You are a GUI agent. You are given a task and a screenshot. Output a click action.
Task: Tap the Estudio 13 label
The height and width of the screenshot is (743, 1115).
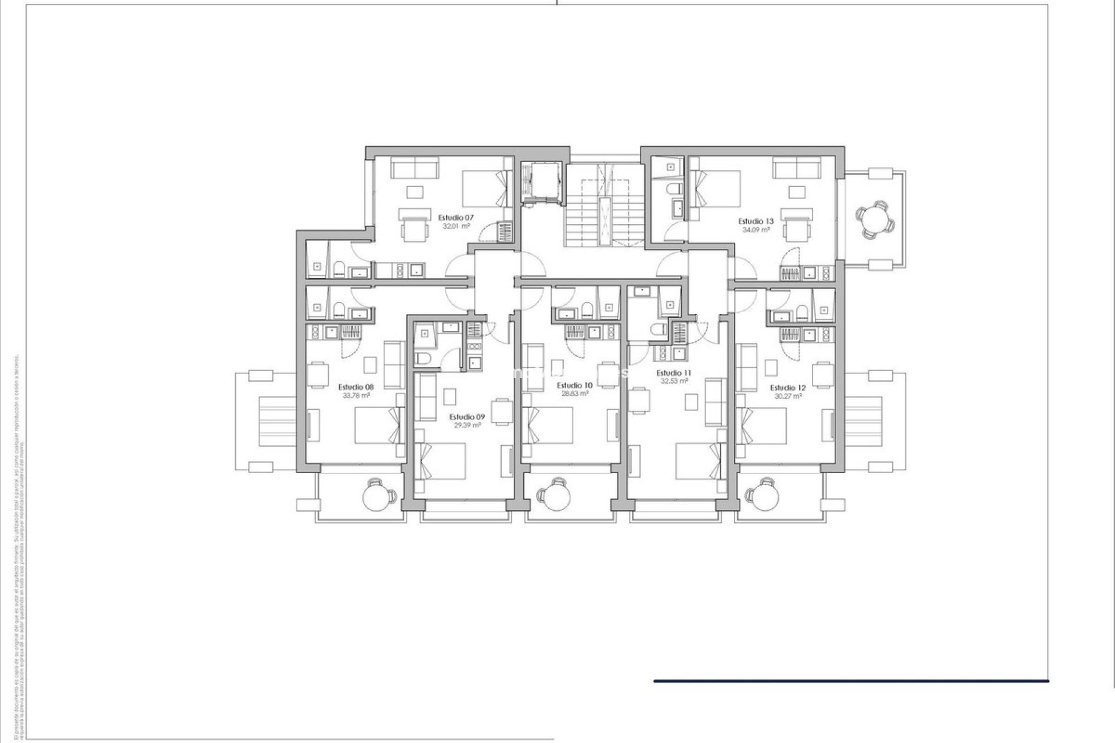point(756,221)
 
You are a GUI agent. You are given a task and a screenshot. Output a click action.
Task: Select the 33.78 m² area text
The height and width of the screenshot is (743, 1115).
point(356,395)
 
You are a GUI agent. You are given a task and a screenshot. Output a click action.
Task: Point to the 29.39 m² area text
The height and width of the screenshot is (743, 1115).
point(467,425)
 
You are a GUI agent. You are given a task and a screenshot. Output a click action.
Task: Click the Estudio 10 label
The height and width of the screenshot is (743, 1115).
point(574,385)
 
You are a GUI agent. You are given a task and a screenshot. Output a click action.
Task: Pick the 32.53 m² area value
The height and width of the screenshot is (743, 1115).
point(674,381)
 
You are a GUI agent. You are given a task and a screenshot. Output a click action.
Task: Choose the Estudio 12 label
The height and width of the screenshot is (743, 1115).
point(788,388)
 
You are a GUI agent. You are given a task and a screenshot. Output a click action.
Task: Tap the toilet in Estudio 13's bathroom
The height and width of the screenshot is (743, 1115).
point(674,190)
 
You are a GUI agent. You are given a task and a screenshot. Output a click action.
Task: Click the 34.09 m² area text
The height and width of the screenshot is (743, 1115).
point(756,230)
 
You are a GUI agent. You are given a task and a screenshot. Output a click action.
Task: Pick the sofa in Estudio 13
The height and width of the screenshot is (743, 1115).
point(797,168)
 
